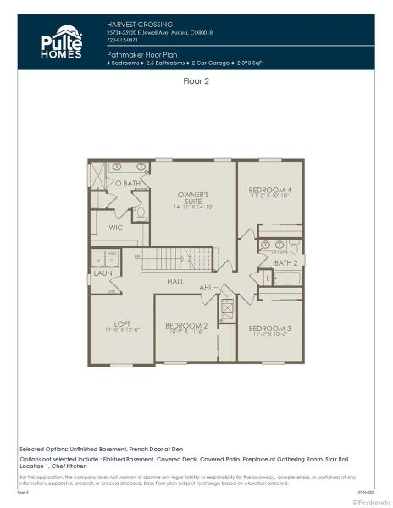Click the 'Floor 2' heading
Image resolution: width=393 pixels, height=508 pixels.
tap(196, 81)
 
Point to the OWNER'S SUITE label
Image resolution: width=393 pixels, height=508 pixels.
tap(194, 197)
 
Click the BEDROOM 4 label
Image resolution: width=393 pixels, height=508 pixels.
tap(269, 189)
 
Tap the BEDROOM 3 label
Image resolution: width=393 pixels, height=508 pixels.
tap(269, 328)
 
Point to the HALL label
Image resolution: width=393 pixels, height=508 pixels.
tap(175, 281)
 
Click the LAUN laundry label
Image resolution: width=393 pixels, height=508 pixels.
tap(102, 273)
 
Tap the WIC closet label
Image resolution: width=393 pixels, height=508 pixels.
tap(116, 228)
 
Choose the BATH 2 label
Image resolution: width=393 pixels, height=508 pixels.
tap(285, 263)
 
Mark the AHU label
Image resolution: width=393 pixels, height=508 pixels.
tap(207, 288)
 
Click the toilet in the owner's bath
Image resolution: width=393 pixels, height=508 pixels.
tap(141, 211)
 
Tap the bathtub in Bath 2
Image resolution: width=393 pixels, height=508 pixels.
tap(280, 295)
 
